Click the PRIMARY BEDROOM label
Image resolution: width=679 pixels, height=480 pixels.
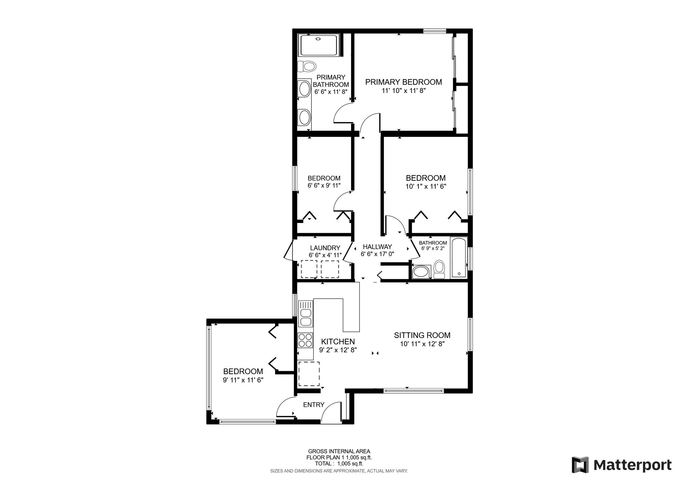pos(403,82)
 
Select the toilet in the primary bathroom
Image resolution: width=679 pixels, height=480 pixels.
pos(306,66)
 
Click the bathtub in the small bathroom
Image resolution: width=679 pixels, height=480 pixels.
pos(459,258)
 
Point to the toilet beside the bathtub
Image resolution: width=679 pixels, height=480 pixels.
pos(439,269)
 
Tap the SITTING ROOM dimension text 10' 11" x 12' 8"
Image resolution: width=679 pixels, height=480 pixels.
pos(422,344)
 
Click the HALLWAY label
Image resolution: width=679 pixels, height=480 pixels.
pos(377,247)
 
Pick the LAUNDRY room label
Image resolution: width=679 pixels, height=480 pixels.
pos(325,248)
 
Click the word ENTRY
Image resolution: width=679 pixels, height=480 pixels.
pos(314,405)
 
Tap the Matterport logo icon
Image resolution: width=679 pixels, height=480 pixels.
pos(580,465)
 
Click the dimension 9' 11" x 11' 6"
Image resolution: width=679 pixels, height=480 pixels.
pos(243,380)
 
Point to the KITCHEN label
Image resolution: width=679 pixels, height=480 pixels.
pos(338,342)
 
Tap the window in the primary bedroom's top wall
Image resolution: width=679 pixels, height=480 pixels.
pos(434,31)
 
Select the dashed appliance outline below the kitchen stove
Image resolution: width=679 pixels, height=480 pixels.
pos(309,374)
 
